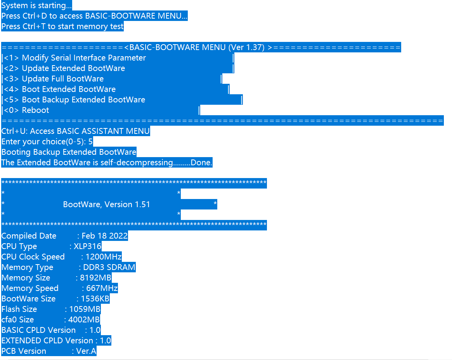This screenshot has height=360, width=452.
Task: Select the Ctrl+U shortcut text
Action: tap(14, 132)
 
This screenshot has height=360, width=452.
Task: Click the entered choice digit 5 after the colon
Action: tap(90, 142)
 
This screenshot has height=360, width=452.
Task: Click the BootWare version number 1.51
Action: tap(142, 205)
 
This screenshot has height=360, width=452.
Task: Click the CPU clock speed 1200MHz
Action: tap(104, 257)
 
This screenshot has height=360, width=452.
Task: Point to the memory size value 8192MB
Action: tap(95, 278)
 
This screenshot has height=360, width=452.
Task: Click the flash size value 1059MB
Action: tap(85, 310)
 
